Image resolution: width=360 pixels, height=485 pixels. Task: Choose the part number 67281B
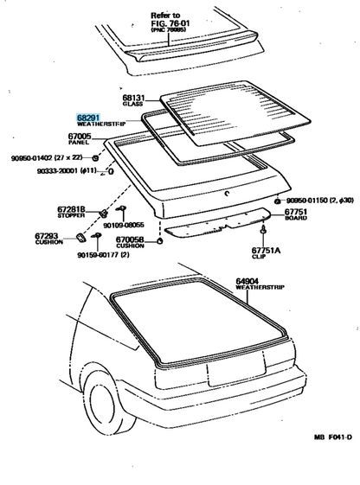[x=70, y=208]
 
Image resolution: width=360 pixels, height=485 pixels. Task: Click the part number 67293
[x=46, y=234]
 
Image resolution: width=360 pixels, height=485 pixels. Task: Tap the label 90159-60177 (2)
[x=106, y=254]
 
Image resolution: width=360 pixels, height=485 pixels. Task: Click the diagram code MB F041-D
[x=331, y=462]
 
